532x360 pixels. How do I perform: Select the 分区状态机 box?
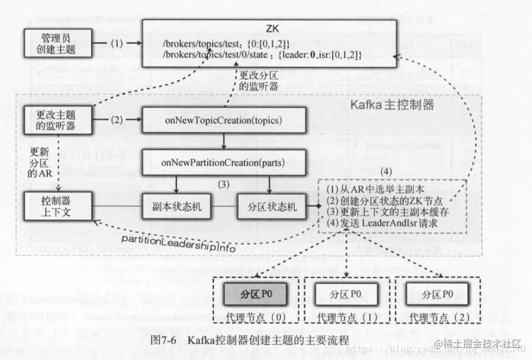point(268,208)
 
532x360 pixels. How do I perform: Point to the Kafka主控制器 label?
point(392,104)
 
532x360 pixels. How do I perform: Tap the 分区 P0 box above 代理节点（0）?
point(255,295)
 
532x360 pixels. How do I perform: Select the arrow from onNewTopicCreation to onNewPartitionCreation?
point(224,141)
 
